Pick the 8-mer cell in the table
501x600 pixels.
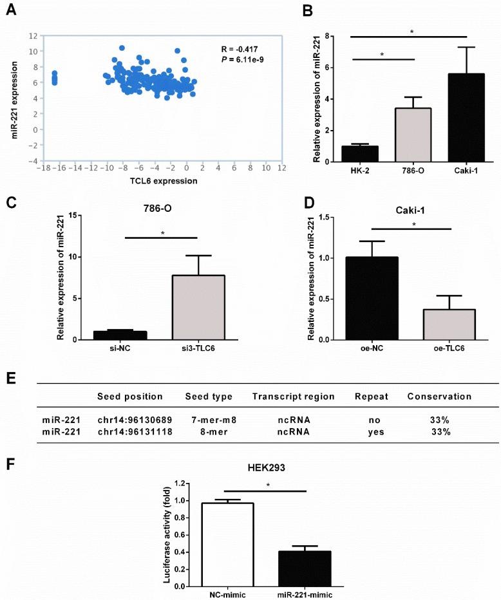[x=208, y=431]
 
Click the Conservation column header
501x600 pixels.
[x=439, y=397]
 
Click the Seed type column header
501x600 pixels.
[x=208, y=397]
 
